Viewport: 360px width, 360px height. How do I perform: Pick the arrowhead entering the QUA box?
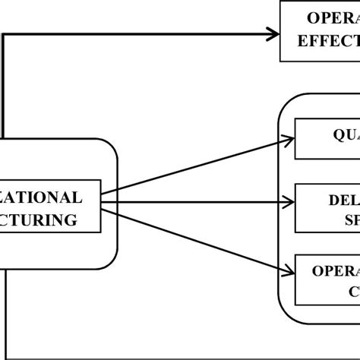click(x=289, y=139)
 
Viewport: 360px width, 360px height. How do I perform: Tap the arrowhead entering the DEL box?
click(x=289, y=202)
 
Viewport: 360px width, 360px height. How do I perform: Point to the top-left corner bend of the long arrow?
click(x=5, y=33)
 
